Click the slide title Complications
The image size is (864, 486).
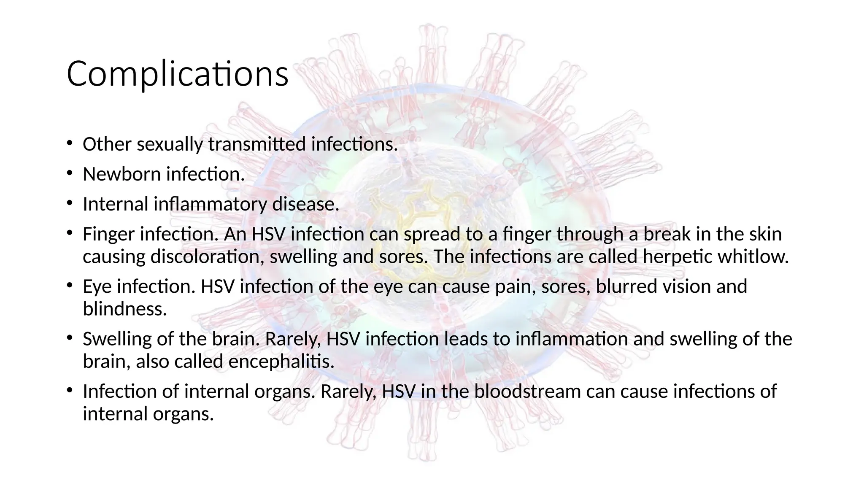click(177, 74)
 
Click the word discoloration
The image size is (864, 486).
click(208, 257)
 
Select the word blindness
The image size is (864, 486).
click(124, 309)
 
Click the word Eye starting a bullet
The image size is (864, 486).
click(97, 287)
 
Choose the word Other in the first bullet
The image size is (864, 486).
click(107, 144)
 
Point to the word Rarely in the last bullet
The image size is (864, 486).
click(348, 391)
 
